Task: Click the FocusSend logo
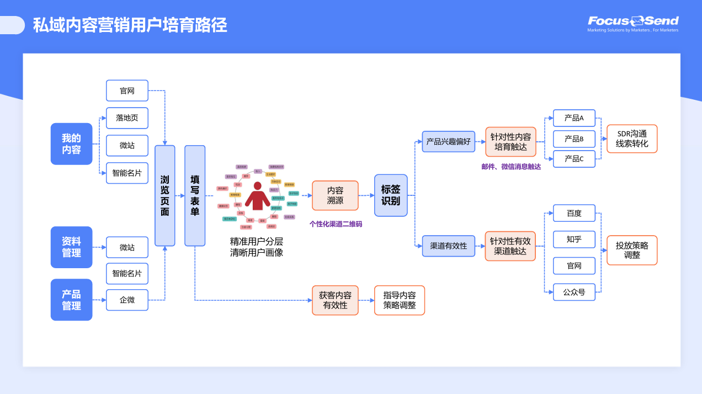point(633,22)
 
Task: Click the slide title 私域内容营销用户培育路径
point(130,25)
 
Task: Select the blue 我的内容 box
point(71,143)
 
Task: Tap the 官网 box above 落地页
point(127,90)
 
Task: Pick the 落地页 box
point(127,118)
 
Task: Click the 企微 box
point(127,300)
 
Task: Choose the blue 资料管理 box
point(71,247)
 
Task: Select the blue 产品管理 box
point(71,300)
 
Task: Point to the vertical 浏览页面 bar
point(164,195)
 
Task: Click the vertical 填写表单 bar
point(195,195)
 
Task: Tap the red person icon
point(257,195)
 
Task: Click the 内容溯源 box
point(335,195)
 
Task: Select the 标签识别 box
point(391,195)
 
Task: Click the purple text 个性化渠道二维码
point(336,224)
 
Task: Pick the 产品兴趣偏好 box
point(448,141)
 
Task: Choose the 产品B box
point(574,139)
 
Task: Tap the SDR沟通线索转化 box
point(632,139)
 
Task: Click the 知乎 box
point(574,239)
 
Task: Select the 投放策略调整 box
point(632,250)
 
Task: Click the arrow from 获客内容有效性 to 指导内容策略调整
point(366,300)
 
